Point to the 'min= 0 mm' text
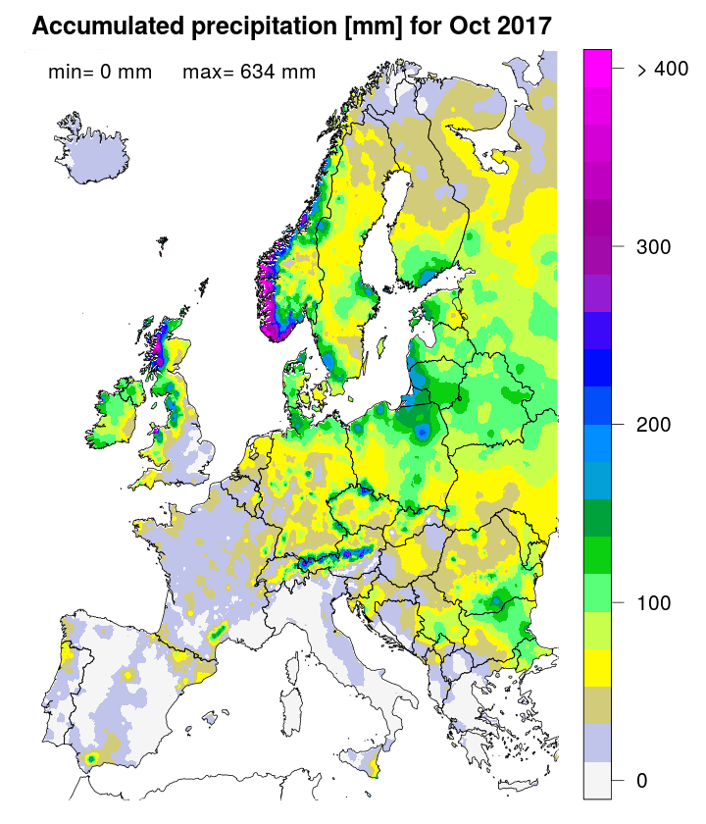pos(100,72)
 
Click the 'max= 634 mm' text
pos(249,72)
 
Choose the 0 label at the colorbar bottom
pos(641,780)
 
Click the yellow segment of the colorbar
pos(598,669)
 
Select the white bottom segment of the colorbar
pos(598,781)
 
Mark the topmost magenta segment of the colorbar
pos(598,59)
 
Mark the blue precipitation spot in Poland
pos(422,431)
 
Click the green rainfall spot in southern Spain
pos(91,757)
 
